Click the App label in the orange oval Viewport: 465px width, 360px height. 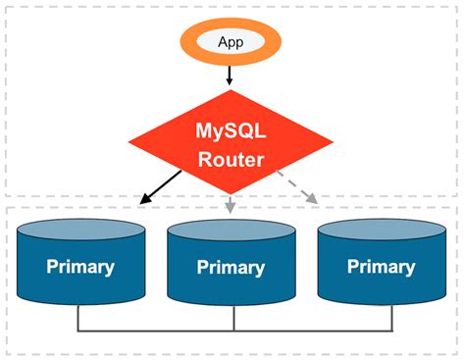pyautogui.click(x=232, y=41)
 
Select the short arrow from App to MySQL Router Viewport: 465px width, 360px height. pyautogui.click(x=231, y=75)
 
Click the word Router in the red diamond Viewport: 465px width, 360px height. pyautogui.click(x=232, y=158)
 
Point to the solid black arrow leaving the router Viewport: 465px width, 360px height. pyautogui.click(x=161, y=186)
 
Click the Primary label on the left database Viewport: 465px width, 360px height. pyautogui.click(x=79, y=267)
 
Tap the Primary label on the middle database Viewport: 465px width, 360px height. pyautogui.click(x=232, y=268)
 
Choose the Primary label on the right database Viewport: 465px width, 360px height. pyautogui.click(x=382, y=267)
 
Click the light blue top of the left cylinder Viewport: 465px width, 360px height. pyautogui.click(x=80, y=231)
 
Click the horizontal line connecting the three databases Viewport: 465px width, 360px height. pyautogui.click(x=157, y=330)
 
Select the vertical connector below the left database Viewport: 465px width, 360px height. pyautogui.click(x=79, y=317)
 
